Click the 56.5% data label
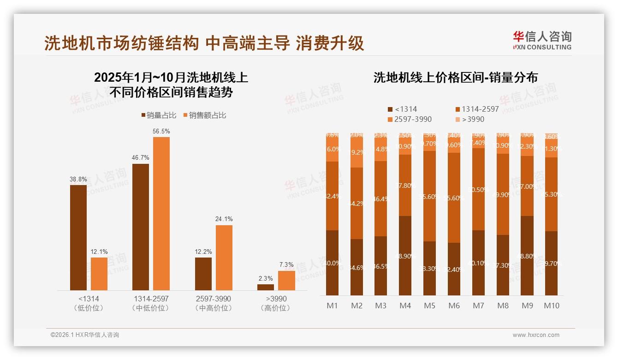(161, 132)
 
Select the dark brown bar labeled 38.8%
(78, 237)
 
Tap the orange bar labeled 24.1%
(224, 258)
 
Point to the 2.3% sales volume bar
(266, 287)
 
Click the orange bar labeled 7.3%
(286, 281)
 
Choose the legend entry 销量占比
(158, 115)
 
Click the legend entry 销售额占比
(204, 115)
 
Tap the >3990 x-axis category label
(276, 299)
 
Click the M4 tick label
(405, 306)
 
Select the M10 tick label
(551, 306)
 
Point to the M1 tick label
(332, 306)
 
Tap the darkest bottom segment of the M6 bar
(454, 269)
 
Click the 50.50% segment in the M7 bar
(478, 189)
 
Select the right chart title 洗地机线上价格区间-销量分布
(455, 78)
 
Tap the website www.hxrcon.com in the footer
(536, 335)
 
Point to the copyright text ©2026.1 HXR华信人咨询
(85, 335)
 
